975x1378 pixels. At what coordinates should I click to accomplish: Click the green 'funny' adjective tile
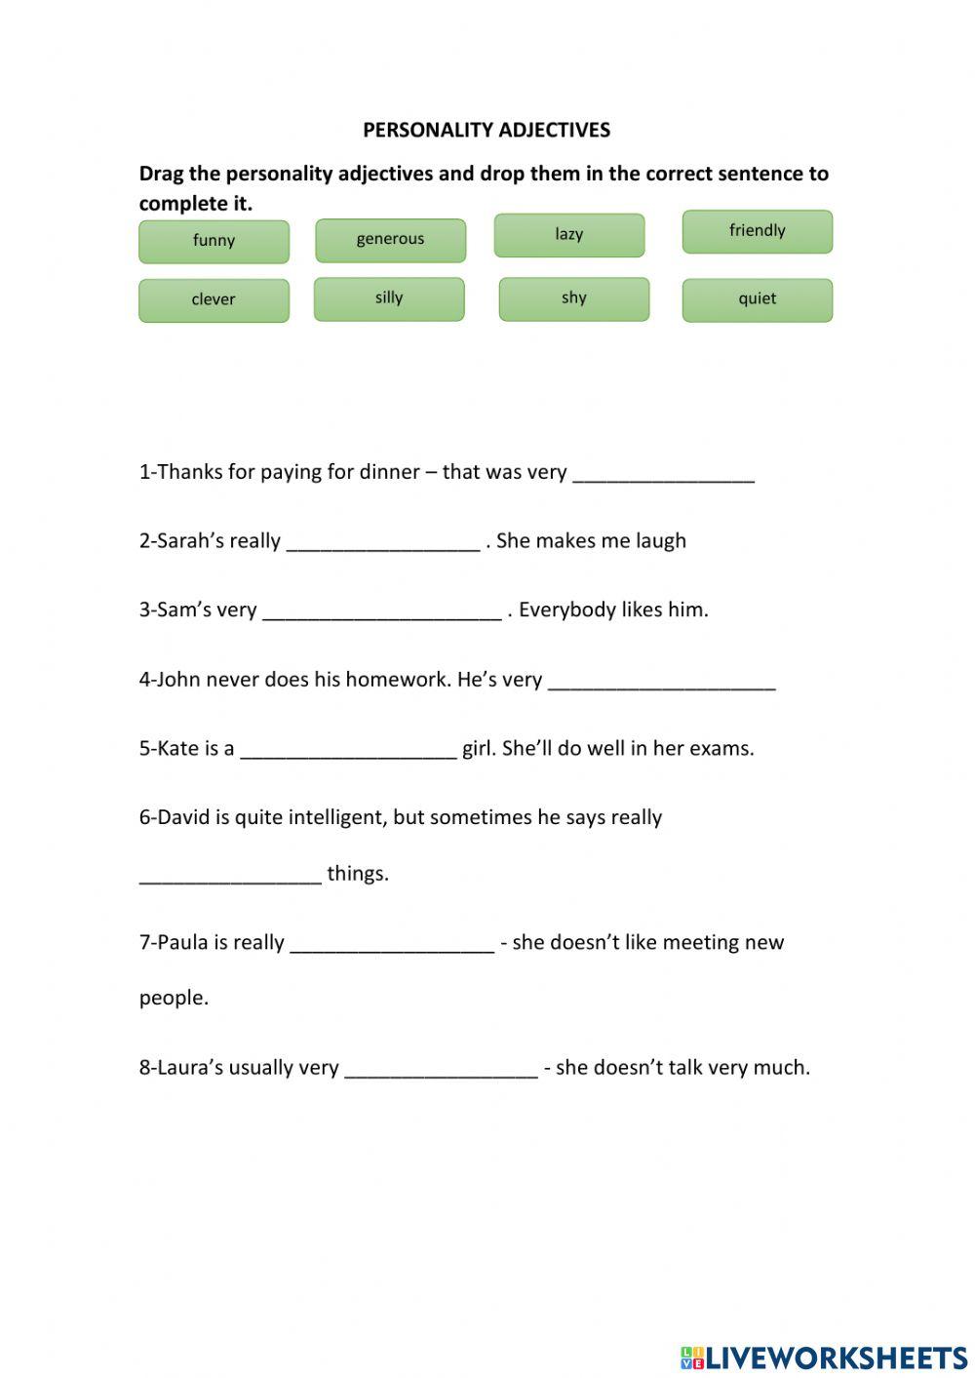214,241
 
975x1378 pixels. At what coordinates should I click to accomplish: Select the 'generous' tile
390,240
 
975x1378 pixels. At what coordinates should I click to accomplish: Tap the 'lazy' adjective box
568,235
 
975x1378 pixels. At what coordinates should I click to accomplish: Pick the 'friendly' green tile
757,231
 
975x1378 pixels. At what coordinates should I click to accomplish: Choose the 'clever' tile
214,300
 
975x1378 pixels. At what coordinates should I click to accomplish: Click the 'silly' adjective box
388,298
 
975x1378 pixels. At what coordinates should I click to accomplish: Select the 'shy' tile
573,298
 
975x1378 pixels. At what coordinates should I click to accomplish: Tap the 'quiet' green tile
757,299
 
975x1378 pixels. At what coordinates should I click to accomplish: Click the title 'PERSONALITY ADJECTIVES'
487,130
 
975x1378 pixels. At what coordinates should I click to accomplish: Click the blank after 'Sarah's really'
383,542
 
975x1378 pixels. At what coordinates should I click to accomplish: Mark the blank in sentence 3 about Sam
382,611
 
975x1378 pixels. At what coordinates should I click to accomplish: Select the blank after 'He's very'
661,681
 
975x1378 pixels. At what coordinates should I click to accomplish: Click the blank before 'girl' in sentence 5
348,750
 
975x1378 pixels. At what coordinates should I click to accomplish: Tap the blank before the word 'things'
230,875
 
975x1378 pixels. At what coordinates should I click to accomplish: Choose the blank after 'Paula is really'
392,944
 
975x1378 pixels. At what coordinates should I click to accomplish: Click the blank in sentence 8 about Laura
441,1069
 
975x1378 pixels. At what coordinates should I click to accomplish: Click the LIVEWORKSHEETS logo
824,1357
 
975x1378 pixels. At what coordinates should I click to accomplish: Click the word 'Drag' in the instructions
161,174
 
